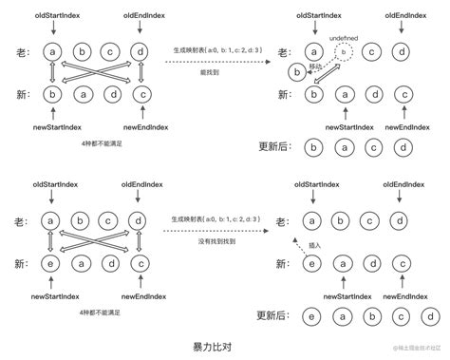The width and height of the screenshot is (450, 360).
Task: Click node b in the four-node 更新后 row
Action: point(310,146)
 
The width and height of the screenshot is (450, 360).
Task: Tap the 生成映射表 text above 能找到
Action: point(211,49)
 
